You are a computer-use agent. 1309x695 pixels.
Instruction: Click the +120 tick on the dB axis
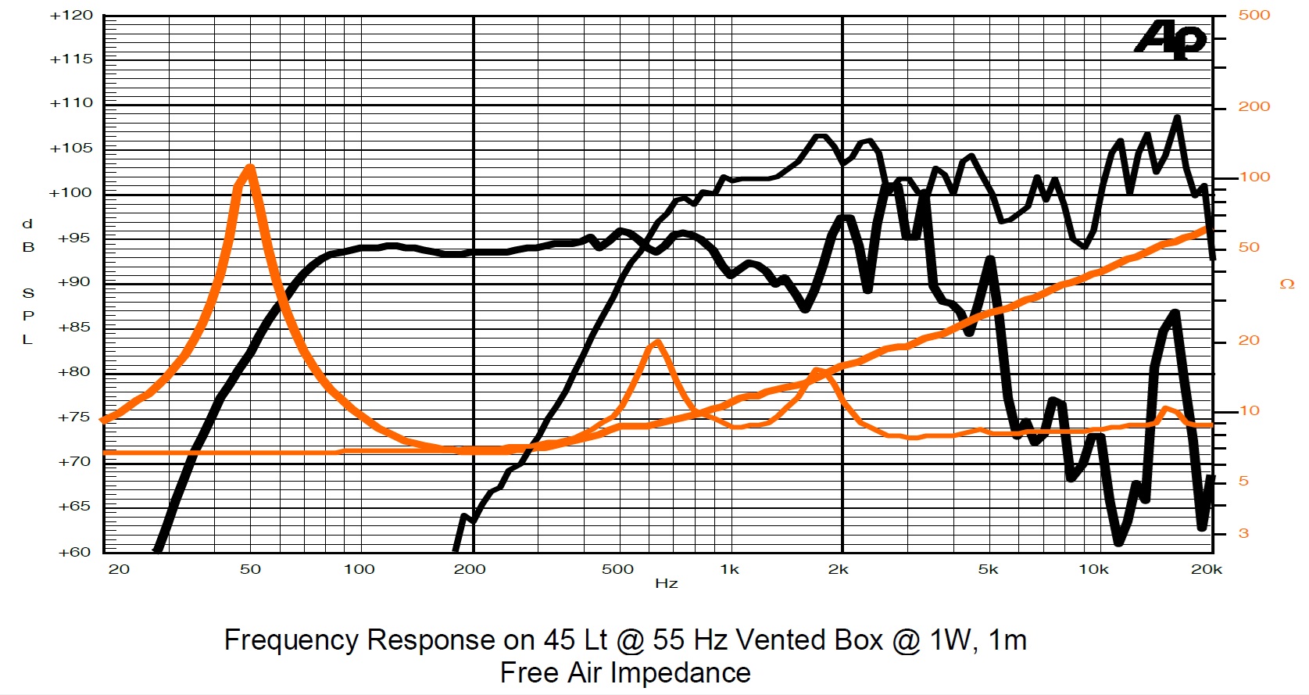point(71,16)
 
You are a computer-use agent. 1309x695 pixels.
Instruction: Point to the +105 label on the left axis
point(71,148)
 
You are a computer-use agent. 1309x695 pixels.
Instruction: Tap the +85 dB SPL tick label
point(74,328)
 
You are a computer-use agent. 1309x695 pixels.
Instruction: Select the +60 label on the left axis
point(74,552)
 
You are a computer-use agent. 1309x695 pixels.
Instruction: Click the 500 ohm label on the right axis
point(1254,16)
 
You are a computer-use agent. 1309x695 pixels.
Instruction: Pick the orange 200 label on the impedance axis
point(1254,107)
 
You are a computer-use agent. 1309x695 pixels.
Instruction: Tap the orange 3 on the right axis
point(1243,534)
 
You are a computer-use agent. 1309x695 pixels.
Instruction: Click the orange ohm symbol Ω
point(1286,285)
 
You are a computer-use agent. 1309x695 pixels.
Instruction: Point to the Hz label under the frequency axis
point(667,584)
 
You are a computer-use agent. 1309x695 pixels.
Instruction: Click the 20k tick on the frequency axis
point(1207,569)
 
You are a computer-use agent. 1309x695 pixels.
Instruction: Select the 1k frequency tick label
point(729,569)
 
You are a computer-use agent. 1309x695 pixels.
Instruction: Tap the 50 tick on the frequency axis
point(250,569)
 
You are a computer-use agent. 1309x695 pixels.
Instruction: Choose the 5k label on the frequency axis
point(989,569)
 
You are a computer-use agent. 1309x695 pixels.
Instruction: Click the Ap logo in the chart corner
point(1171,39)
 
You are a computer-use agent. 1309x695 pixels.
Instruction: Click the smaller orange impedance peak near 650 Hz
point(657,342)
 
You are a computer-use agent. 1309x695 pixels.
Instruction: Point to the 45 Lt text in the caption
point(575,640)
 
